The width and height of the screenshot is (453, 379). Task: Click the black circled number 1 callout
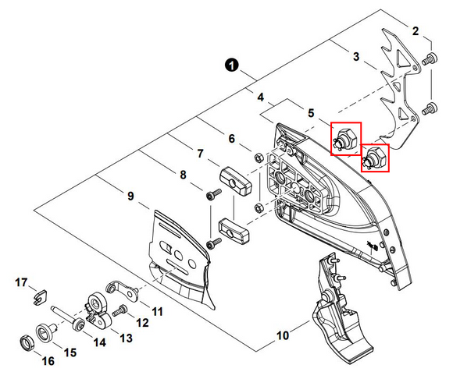pos(232,66)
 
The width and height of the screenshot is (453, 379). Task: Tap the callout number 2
pos(416,31)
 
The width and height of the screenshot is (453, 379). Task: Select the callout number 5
pos(311,113)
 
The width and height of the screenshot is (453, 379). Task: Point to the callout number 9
pos(130,197)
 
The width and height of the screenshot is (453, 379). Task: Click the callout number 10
pos(283,335)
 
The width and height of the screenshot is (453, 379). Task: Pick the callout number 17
pos(21,282)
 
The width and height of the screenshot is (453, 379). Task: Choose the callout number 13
pos(126,338)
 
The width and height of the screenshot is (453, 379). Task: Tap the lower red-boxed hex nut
pos(375,158)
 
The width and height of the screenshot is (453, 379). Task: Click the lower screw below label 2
pos(430,108)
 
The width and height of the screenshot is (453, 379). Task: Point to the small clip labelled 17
pos(40,297)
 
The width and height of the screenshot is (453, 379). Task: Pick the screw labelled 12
pos(119,310)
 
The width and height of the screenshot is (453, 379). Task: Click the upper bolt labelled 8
pos(214,194)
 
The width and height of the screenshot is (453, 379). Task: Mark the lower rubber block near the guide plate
pos(234,229)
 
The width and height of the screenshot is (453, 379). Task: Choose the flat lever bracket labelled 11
pos(122,290)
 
